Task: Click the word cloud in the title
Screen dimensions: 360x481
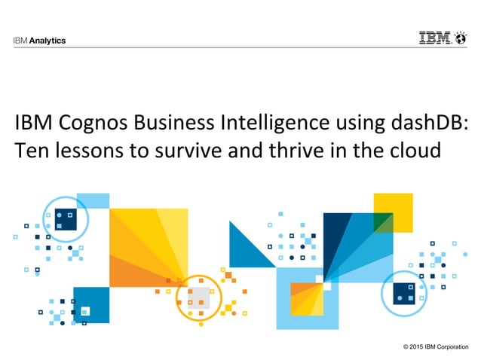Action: pyautogui.click(x=414, y=150)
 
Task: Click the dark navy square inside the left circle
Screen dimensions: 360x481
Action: pyautogui.click(x=66, y=218)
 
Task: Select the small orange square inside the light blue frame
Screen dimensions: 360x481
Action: pyautogui.click(x=302, y=289)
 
